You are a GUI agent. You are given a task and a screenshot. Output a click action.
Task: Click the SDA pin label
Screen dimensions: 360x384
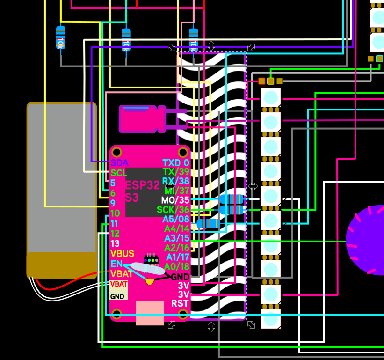pyautogui.click(x=119, y=163)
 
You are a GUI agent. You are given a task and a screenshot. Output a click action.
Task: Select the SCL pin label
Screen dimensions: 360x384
pyautogui.click(x=119, y=173)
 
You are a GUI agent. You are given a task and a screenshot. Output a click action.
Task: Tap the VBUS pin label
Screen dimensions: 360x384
pyautogui.click(x=122, y=254)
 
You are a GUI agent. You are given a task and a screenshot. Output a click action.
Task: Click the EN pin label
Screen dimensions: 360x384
pyautogui.click(x=116, y=264)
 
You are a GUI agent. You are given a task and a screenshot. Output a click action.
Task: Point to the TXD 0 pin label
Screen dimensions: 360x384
pyautogui.click(x=176, y=163)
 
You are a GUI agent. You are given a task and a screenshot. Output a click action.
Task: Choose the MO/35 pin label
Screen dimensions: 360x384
pyautogui.click(x=175, y=200)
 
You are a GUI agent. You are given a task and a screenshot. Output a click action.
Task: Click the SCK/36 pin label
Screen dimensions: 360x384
pyautogui.click(x=173, y=210)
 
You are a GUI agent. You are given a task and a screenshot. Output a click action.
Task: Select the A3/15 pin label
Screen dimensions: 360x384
pyautogui.click(x=177, y=238)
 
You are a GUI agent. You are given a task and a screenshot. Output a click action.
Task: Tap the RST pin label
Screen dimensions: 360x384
pyautogui.click(x=180, y=303)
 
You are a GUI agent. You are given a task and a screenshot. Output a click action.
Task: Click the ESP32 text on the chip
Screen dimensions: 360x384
pyautogui.click(x=142, y=185)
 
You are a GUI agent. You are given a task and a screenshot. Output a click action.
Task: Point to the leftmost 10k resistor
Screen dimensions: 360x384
pyautogui.click(x=61, y=37)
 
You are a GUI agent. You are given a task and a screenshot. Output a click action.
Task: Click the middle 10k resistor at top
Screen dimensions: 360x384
pyautogui.click(x=126, y=40)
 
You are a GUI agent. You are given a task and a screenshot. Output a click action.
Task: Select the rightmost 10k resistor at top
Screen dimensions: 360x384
pyautogui.click(x=193, y=40)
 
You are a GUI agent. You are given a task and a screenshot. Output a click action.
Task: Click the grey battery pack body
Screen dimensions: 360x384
pyautogui.click(x=61, y=178)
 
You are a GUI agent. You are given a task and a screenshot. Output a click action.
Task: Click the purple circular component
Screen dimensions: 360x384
pyautogui.click(x=367, y=240)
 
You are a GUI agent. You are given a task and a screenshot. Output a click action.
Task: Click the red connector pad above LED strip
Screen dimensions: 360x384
pyautogui.click(x=261, y=81)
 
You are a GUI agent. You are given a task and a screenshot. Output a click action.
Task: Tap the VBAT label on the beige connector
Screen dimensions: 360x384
pyautogui.click(x=118, y=284)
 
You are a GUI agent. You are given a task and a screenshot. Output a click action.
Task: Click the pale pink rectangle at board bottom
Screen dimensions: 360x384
pyautogui.click(x=150, y=313)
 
